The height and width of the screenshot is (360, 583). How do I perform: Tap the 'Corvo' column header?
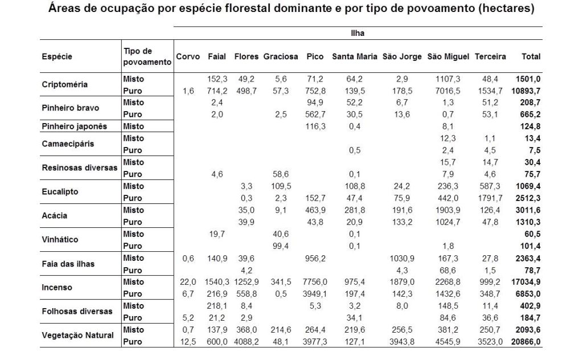[x=187, y=56]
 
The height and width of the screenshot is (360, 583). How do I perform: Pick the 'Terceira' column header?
[x=489, y=56]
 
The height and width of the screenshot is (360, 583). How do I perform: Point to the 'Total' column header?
[x=531, y=56]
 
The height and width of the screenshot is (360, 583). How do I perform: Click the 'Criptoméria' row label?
[x=65, y=85]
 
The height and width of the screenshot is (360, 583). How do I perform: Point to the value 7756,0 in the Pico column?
[x=315, y=281]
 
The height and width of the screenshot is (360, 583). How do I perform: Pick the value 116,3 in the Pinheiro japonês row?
[x=315, y=125]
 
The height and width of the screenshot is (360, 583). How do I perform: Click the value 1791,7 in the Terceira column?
[x=488, y=198]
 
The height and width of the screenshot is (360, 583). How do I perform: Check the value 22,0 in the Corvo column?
[x=187, y=281]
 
